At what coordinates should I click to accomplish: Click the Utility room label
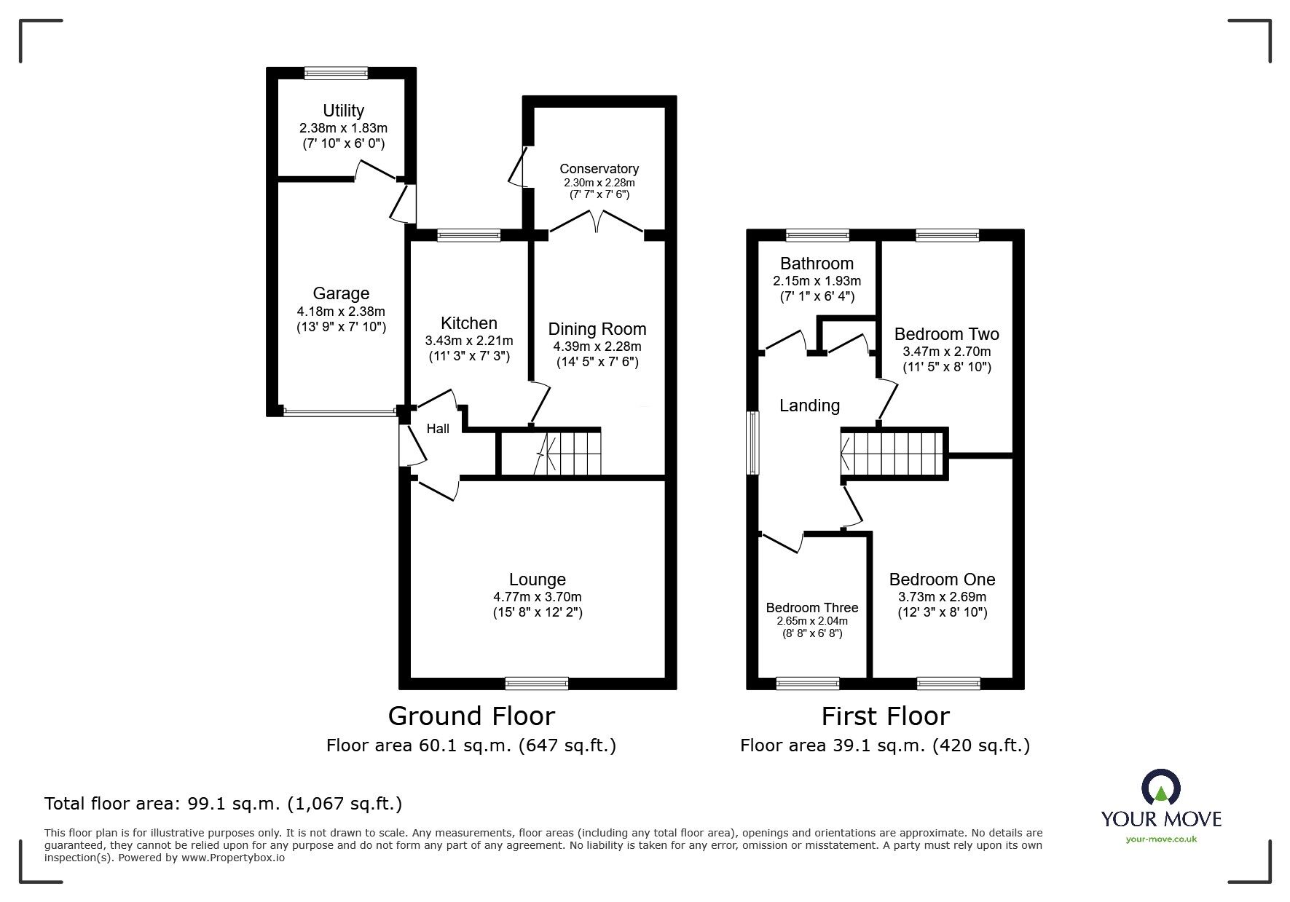(343, 111)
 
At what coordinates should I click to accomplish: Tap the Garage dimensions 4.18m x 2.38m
(341, 312)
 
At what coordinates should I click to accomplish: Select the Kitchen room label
(468, 323)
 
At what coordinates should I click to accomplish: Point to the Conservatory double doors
(597, 221)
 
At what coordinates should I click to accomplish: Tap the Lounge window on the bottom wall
(537, 683)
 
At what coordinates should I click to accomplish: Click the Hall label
(438, 429)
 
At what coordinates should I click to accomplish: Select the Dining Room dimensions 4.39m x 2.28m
(597, 347)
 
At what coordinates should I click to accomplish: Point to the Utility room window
(336, 72)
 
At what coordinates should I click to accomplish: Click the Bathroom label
(817, 264)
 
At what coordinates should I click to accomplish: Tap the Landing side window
(753, 443)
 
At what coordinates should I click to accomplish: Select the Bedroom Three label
(811, 608)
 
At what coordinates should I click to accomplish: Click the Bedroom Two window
(947, 234)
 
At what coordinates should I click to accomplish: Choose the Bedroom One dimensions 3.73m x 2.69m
(942, 597)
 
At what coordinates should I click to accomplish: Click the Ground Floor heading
(471, 716)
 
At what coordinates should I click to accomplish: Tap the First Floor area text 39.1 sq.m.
(884, 745)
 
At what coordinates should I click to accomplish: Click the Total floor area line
(223, 804)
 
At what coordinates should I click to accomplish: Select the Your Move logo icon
(1160, 788)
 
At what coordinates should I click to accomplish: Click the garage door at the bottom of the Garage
(340, 412)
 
